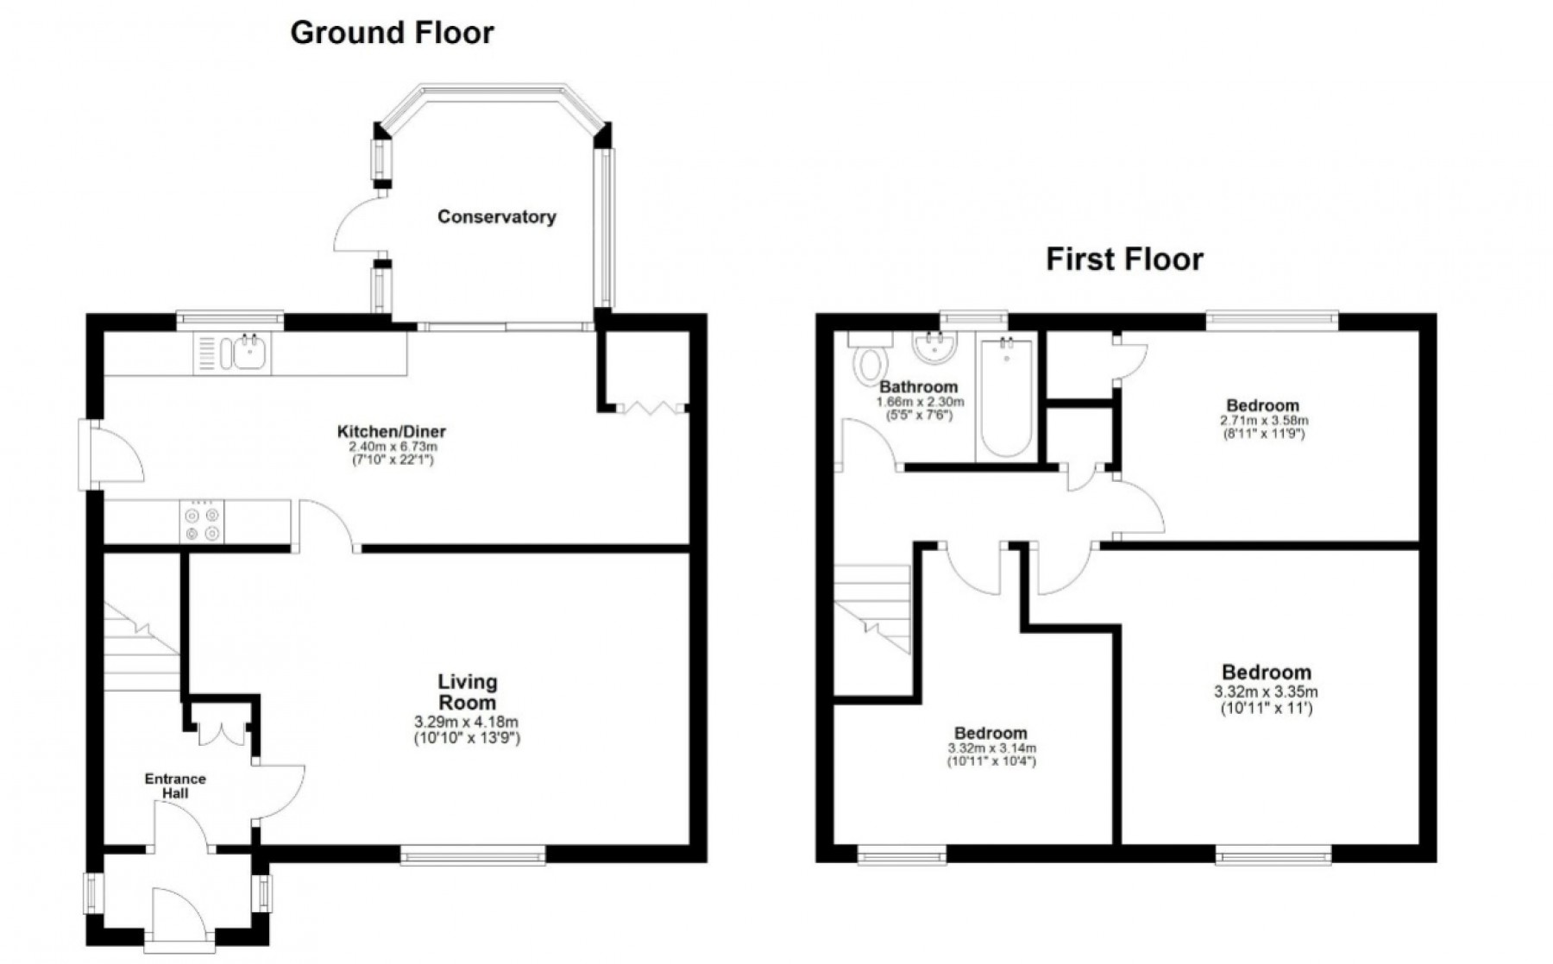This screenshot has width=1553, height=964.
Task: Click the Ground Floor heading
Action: [392, 33]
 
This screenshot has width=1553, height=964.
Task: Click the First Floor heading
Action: [1123, 259]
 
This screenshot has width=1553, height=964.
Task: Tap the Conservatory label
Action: [496, 216]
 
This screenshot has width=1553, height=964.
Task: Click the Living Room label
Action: [467, 691]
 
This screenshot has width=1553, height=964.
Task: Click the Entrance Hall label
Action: [175, 786]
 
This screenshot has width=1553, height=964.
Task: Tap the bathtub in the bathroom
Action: [1006, 399]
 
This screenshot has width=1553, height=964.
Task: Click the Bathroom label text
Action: [919, 387]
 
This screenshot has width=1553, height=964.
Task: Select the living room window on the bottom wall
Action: [473, 855]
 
